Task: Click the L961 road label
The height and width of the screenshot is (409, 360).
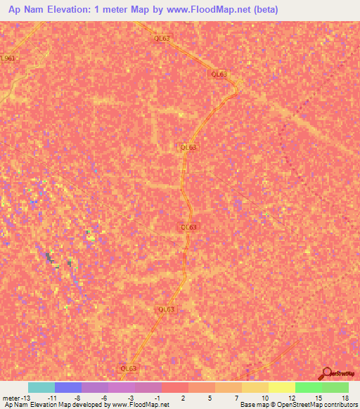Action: tap(8, 58)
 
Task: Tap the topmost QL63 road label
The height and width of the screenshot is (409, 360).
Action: tap(162, 39)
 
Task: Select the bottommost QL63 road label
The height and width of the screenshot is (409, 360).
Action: tap(128, 368)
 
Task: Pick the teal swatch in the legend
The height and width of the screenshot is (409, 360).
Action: tap(41, 387)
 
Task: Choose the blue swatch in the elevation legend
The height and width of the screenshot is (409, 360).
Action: tap(67, 387)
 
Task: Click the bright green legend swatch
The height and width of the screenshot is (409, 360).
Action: tap(308, 387)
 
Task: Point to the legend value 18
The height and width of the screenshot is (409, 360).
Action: tap(345, 397)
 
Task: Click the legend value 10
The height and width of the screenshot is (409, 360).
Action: tap(264, 397)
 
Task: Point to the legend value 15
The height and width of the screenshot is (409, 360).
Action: tap(318, 397)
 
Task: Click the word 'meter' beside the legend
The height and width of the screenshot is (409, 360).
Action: tap(11, 397)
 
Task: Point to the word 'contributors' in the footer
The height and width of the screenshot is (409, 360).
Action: tap(335, 405)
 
